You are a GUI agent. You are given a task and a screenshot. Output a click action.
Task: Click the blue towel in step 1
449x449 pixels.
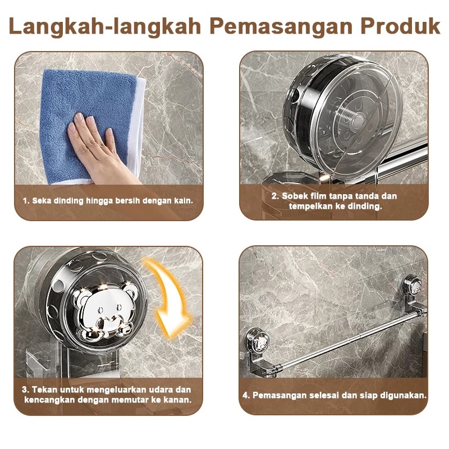(x=86, y=120)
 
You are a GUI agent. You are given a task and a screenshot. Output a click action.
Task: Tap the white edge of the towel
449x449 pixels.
(x=137, y=129)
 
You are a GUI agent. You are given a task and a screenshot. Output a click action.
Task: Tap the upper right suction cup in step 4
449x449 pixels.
(x=413, y=285)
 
